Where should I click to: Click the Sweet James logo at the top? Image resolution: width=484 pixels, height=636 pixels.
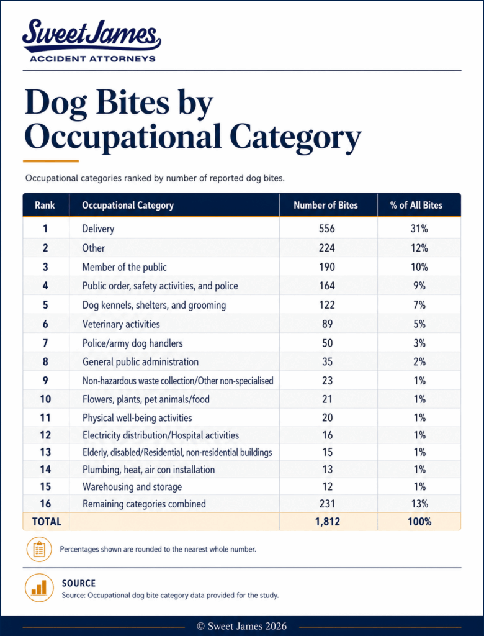click(x=92, y=40)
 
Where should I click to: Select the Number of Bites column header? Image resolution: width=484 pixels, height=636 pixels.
click(x=326, y=205)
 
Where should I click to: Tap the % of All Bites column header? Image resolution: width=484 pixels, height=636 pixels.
click(x=416, y=205)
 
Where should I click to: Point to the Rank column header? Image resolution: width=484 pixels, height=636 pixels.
click(x=45, y=205)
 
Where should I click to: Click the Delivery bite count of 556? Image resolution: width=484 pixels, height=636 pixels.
click(x=327, y=229)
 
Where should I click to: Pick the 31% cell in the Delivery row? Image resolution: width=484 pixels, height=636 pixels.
click(x=419, y=229)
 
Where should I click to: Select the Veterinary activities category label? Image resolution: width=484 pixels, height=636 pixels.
click(x=121, y=324)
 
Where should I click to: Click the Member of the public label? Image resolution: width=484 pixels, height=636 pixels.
click(x=125, y=267)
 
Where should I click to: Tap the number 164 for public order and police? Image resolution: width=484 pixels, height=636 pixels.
click(x=327, y=286)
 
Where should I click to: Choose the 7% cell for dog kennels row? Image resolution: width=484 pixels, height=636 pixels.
click(x=419, y=305)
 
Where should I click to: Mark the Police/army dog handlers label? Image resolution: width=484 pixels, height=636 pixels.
click(x=133, y=343)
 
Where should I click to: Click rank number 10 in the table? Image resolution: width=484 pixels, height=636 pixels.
click(x=45, y=399)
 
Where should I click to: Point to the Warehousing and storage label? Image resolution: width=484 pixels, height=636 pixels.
click(x=132, y=487)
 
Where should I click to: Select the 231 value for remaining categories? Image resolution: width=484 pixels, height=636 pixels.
click(x=327, y=504)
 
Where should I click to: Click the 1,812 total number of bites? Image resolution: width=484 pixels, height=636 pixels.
click(x=328, y=522)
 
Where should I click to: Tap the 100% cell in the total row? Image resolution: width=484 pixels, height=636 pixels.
click(x=419, y=522)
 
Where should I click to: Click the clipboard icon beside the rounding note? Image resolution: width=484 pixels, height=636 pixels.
click(x=39, y=550)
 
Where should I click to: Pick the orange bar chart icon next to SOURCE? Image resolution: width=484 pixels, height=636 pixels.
click(x=39, y=588)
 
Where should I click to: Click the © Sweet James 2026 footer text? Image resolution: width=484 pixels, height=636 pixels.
click(x=241, y=626)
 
